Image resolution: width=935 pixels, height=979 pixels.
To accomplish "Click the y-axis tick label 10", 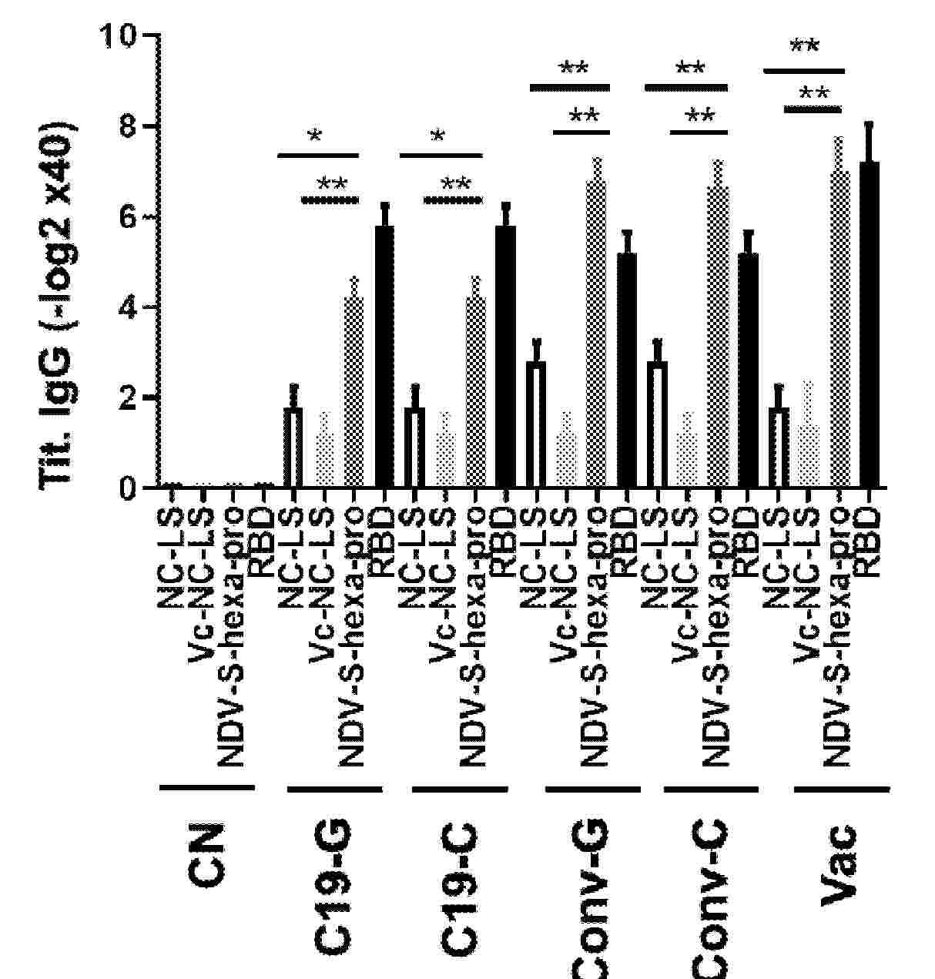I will click(x=118, y=36).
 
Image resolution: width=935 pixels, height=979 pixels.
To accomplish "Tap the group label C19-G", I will click(x=333, y=886).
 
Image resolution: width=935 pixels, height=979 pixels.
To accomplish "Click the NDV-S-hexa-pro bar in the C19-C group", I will click(x=475, y=393).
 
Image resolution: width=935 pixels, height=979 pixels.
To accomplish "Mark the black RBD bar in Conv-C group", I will click(x=747, y=370).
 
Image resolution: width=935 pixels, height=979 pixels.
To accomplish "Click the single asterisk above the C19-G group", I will click(x=314, y=137).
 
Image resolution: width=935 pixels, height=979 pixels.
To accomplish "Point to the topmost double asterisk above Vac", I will click(x=805, y=46).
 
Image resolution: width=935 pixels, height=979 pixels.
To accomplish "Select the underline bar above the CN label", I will click(x=206, y=787).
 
